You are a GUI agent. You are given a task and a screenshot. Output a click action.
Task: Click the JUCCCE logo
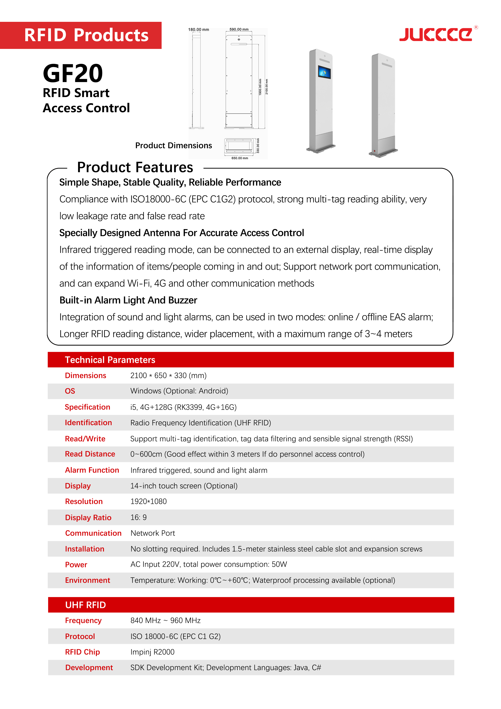pos(436,34)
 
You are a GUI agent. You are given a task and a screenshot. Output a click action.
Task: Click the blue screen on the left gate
pos(324,73)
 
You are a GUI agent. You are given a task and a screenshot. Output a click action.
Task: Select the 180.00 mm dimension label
pos(198,30)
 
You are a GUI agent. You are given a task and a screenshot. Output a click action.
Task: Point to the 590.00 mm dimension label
pos(239,29)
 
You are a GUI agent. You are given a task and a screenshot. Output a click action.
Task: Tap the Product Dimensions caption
pos(173,146)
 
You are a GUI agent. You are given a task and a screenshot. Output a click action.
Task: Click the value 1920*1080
pos(148,501)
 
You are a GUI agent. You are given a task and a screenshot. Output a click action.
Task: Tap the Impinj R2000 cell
pos(152,652)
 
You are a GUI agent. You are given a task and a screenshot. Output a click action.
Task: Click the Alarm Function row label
pos(92,470)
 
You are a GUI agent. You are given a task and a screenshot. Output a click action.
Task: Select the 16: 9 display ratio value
pos(139,517)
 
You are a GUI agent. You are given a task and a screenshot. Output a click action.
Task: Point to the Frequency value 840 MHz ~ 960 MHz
pos(165,620)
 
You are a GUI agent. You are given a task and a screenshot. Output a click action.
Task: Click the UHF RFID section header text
pos(85,605)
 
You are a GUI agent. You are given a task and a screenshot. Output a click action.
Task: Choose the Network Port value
pos(153,533)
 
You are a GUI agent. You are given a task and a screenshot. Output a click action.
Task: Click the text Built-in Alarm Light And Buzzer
pos(128,300)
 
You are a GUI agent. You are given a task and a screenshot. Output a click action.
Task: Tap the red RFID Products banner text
pos(86,35)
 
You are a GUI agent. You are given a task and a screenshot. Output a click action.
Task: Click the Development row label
pos(89,667)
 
